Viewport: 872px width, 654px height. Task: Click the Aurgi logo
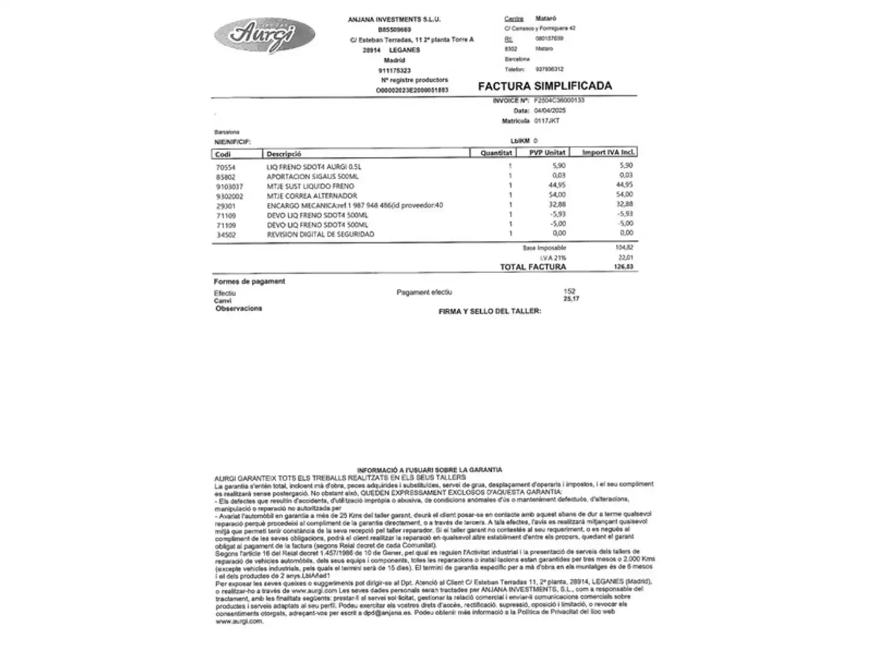[264, 35]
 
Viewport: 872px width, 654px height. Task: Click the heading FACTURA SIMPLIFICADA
[544, 86]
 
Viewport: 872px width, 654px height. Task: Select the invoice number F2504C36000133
[559, 101]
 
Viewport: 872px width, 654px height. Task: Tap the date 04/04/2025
[550, 111]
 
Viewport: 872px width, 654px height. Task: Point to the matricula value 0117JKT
[546, 121]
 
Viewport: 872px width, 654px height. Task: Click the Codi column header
[223, 154]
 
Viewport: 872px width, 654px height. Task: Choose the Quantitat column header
[496, 153]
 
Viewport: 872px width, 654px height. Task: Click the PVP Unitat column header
[547, 153]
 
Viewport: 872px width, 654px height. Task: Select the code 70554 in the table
[225, 168]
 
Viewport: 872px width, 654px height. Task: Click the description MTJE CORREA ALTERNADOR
[312, 196]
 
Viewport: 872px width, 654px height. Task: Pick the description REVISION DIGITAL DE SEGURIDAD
[320, 234]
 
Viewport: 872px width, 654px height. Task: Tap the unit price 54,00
[557, 195]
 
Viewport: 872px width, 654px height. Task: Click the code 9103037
[230, 187]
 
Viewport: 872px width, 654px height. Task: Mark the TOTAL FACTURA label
[533, 267]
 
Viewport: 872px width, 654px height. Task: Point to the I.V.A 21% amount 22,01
[625, 257]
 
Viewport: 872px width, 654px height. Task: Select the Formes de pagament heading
[249, 282]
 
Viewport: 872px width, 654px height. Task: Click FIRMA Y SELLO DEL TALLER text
[489, 311]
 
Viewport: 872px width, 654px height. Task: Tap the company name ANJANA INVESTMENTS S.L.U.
[394, 20]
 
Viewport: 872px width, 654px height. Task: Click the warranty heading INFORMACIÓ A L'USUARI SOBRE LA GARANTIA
[429, 470]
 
